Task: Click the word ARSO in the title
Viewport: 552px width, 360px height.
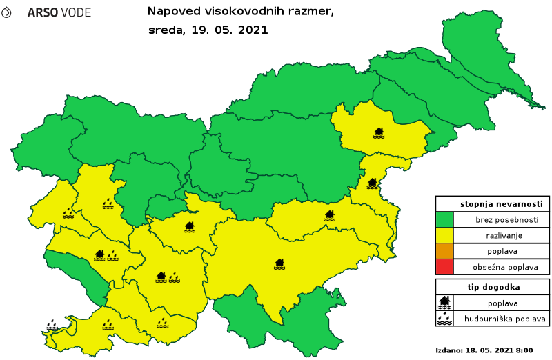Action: point(43,13)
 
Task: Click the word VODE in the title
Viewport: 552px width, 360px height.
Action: point(76,13)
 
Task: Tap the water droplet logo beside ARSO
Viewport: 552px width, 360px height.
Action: point(6,12)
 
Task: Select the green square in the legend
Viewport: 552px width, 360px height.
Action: point(444,220)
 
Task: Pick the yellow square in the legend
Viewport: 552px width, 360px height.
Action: point(444,235)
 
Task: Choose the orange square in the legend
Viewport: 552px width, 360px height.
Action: point(444,251)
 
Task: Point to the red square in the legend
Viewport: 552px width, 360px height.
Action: point(444,266)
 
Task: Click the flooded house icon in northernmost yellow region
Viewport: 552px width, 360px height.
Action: point(379,132)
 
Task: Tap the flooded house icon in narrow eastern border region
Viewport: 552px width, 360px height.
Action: point(373,183)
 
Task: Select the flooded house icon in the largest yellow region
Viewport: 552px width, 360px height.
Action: point(279,263)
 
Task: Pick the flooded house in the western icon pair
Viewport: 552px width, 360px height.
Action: point(99,255)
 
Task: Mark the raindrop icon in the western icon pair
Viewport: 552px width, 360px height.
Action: point(112,256)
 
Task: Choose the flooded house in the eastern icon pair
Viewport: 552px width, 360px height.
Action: point(161,277)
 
